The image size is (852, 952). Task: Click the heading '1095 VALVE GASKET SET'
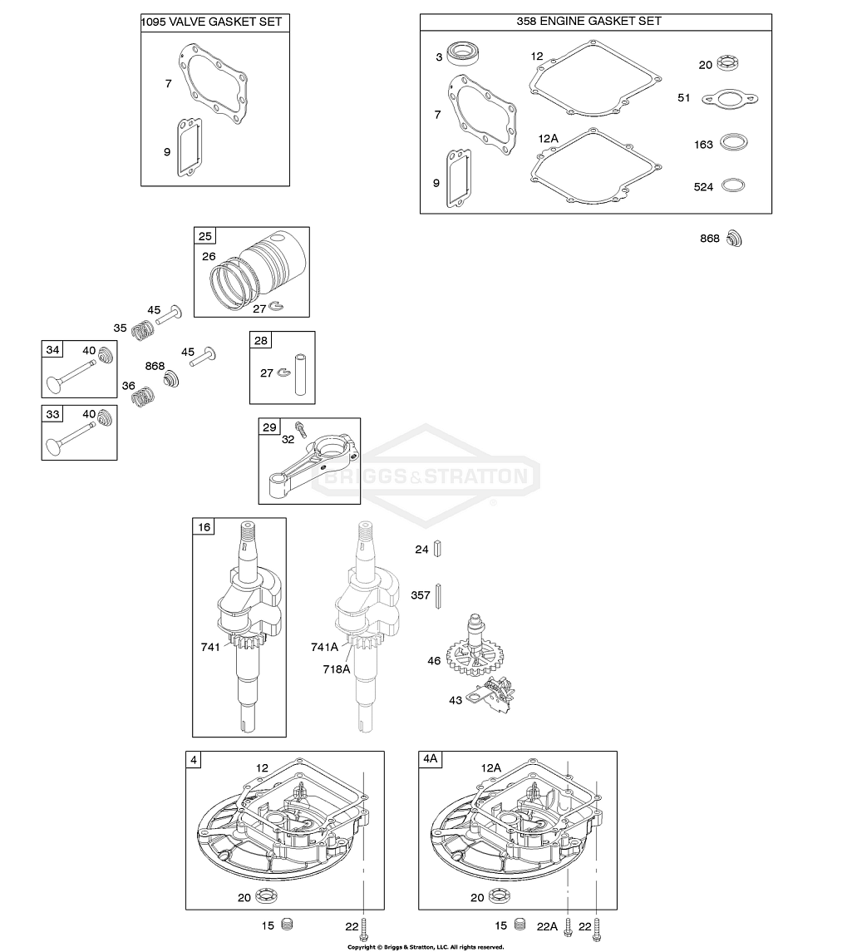(x=215, y=22)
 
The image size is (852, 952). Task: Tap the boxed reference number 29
(x=268, y=427)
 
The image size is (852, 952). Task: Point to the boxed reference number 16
(x=204, y=527)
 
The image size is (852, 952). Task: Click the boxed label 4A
(x=431, y=760)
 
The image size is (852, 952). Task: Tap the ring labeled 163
(x=731, y=143)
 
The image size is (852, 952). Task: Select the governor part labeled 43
(x=495, y=694)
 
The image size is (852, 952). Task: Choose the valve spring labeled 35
(x=144, y=330)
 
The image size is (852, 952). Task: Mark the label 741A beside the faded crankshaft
(x=325, y=647)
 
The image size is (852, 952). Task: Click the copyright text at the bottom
(x=426, y=946)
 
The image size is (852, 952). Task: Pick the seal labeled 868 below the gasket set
(x=733, y=239)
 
